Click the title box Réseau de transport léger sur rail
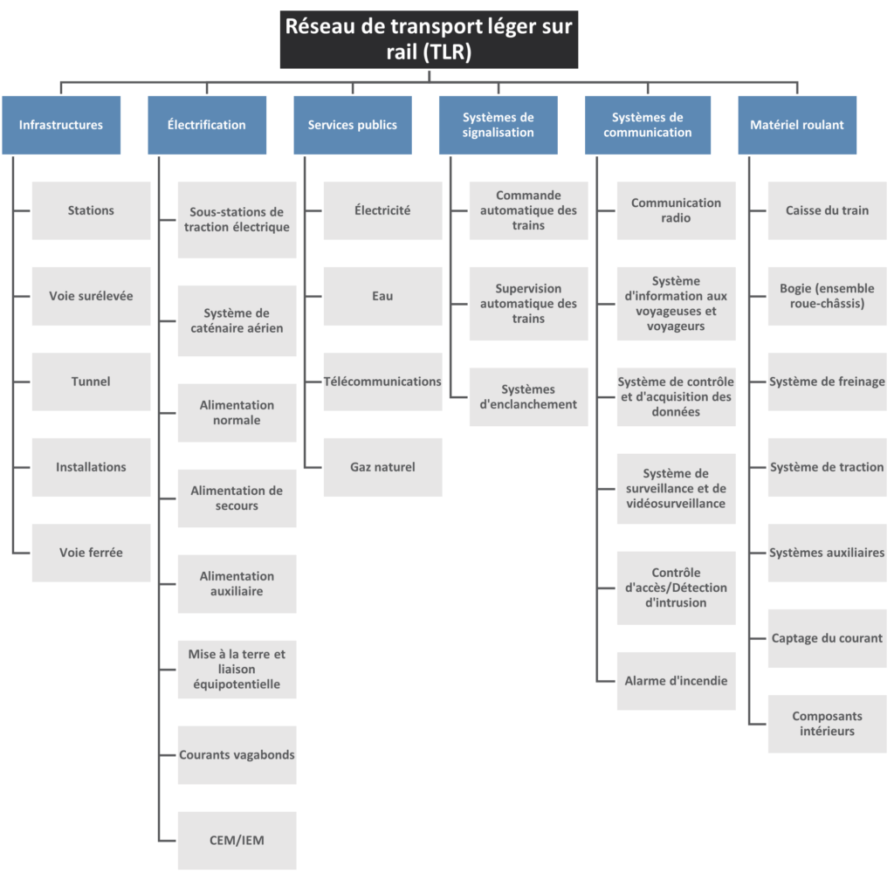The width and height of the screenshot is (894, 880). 429,39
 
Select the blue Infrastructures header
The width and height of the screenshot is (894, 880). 61,125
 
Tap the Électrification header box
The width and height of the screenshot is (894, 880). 207,125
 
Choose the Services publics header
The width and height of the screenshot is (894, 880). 353,125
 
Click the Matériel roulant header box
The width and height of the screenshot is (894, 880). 797,125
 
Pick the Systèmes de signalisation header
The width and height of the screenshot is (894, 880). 499,125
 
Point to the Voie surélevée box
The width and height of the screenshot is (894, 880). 91,296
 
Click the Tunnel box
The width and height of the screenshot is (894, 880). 91,382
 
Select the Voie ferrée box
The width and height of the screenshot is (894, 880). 91,553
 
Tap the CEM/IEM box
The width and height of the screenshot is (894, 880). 237,841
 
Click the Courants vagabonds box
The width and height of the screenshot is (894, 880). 237,755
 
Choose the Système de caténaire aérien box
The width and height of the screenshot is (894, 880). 237,321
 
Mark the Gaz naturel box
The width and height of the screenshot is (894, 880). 383,467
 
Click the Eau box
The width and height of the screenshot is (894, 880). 383,296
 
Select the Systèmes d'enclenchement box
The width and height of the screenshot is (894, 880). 528,396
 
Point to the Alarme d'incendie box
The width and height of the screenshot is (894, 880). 677,681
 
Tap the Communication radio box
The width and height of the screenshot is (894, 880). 677,210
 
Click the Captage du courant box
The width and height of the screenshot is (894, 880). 828,638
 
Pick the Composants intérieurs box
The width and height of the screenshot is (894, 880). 828,724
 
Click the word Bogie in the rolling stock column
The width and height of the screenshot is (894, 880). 795,288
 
